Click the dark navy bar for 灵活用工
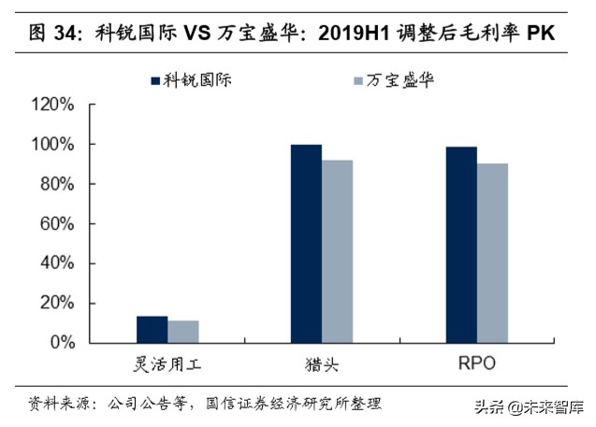point(152,330)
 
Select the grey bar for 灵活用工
point(183,332)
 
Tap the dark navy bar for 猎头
point(306,244)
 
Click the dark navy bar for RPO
point(461,245)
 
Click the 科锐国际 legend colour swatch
point(155,80)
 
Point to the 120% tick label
point(52,106)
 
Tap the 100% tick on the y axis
point(52,145)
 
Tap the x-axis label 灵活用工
point(167,363)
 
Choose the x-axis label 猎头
point(322,363)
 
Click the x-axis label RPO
point(477,363)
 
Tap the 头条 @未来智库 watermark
point(530,407)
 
